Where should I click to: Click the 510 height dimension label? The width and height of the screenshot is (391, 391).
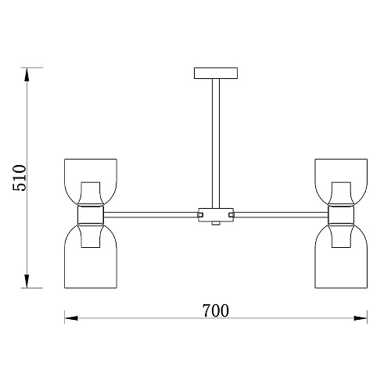20,178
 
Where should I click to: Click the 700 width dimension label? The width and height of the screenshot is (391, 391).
216,310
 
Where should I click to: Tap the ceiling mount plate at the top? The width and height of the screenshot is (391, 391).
216,74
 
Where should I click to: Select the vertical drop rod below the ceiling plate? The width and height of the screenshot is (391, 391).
216,143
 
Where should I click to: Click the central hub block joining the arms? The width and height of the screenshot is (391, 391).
216,215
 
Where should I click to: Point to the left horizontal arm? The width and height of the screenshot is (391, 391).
151,215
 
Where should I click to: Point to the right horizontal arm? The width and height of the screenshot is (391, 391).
281,215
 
